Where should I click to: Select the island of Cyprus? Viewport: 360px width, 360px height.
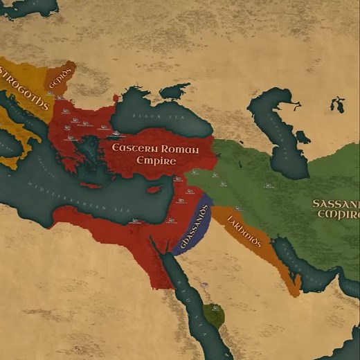tap(154, 189)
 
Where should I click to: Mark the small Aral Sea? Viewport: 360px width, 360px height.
tap(337, 105)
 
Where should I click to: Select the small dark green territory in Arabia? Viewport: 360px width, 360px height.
tap(214, 316)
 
